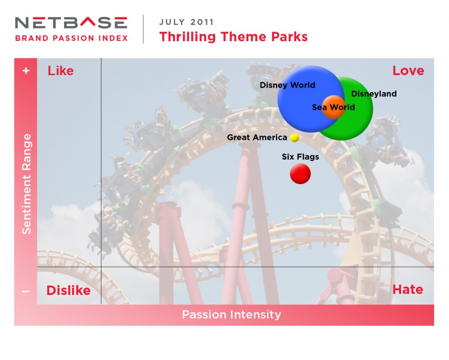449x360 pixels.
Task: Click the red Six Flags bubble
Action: [300, 174]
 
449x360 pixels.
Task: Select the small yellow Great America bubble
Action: [294, 138]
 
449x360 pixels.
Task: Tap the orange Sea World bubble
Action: [334, 107]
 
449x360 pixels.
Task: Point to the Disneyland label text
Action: [374, 94]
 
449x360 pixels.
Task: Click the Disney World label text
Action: [287, 85]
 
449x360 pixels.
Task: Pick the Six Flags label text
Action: [300, 157]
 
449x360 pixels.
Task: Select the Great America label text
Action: [257, 138]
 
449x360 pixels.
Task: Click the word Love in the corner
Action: [408, 71]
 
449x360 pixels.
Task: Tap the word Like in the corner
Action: [61, 71]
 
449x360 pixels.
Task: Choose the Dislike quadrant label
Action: [68, 290]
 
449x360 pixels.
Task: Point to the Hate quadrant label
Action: [408, 289]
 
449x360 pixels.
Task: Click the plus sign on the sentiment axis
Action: [26, 71]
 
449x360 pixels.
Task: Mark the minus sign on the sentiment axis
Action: [26, 292]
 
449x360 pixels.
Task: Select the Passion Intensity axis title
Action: [232, 314]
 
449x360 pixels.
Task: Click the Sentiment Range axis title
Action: [27, 184]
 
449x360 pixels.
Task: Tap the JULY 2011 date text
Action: [186, 22]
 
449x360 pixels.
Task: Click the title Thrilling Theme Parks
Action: [233, 37]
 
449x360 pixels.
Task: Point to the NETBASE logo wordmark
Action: [71, 23]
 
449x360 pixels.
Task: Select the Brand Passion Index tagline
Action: [71, 38]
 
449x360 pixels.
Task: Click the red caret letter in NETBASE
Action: [87, 22]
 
